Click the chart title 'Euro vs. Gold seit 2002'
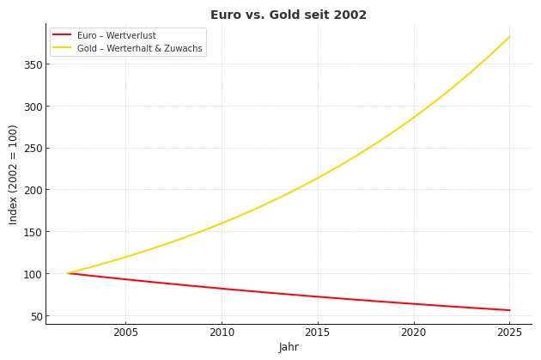(288, 15)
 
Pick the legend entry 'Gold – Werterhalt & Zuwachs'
(139, 49)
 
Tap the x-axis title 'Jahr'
(289, 347)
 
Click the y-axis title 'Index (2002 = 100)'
(14, 174)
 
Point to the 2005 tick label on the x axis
(125, 332)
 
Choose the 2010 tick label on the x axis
(222, 332)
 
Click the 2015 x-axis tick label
(318, 332)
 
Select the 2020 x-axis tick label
(414, 332)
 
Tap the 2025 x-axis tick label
(509, 332)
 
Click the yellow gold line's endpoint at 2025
(509, 37)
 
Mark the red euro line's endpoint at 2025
(509, 310)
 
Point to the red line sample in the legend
(62, 35)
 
